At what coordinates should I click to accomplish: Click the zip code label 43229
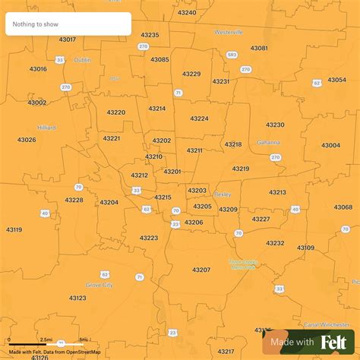(191, 74)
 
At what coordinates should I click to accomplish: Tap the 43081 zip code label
(259, 48)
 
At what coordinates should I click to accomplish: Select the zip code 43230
(275, 125)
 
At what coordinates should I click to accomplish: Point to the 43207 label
(201, 270)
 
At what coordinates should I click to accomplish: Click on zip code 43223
(149, 238)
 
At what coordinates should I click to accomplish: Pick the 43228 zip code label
(74, 200)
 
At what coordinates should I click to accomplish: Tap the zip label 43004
(331, 145)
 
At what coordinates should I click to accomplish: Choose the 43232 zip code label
(275, 243)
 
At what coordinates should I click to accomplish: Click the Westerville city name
(229, 33)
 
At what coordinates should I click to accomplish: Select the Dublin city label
(82, 59)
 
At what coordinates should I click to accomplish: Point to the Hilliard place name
(46, 128)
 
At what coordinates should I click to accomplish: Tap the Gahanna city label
(268, 142)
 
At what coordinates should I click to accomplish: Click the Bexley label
(223, 194)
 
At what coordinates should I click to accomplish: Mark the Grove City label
(101, 285)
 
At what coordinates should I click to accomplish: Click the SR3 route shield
(232, 55)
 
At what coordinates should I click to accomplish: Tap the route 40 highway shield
(45, 213)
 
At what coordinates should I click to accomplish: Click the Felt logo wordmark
(333, 343)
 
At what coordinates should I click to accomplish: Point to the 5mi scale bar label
(84, 339)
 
